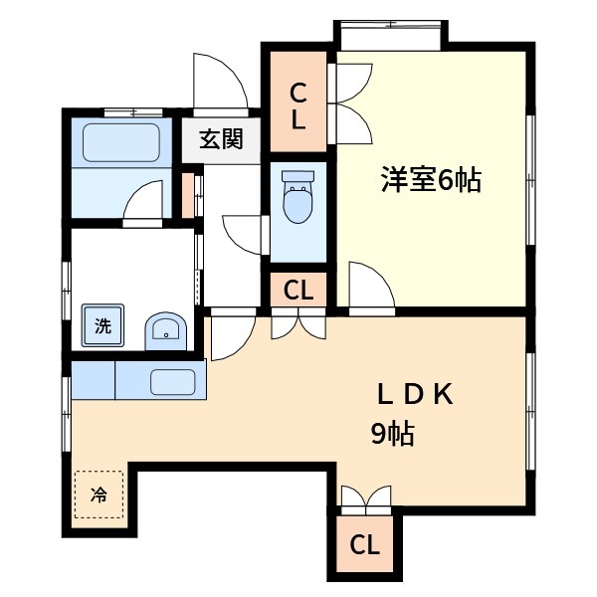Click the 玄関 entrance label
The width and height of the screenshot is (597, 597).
pyautogui.click(x=220, y=138)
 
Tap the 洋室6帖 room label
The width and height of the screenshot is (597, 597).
pyautogui.click(x=430, y=180)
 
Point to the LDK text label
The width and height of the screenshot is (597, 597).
pyautogui.click(x=415, y=395)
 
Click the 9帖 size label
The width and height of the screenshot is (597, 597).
pyautogui.click(x=387, y=435)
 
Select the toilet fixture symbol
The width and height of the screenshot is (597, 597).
pyautogui.click(x=298, y=197)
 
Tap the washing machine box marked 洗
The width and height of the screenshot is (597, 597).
pyautogui.click(x=102, y=324)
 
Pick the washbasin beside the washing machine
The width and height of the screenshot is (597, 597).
pyautogui.click(x=165, y=331)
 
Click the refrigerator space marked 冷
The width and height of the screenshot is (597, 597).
pyautogui.click(x=99, y=494)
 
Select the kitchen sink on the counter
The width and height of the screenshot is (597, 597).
pyautogui.click(x=174, y=381)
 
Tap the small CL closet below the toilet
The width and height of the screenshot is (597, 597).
pyautogui.click(x=298, y=291)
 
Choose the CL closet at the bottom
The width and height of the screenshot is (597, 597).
pyautogui.click(x=364, y=544)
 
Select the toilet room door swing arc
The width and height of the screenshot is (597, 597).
pyautogui.click(x=244, y=235)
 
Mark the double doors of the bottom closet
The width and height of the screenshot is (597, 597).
pyautogui.click(x=364, y=500)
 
